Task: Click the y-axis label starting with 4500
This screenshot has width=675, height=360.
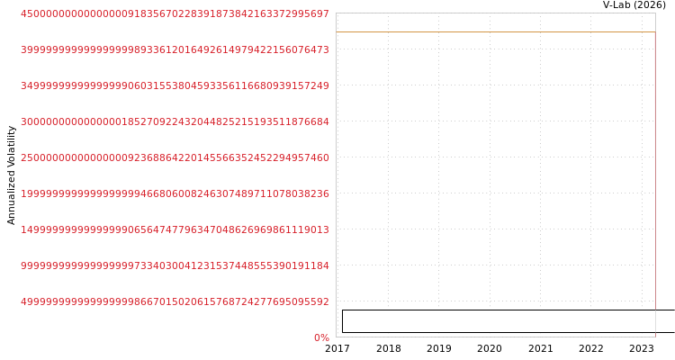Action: point(175,14)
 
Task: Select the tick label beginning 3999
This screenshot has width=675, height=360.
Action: point(175,50)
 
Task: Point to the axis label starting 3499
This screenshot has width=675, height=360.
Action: point(175,86)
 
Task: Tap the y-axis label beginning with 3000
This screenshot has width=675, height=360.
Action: point(175,122)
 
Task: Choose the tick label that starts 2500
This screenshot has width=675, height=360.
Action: point(175,158)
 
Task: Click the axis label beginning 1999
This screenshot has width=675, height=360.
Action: point(175,194)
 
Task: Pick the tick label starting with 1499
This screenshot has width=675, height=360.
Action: point(175,230)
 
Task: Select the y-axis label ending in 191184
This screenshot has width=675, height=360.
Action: point(175,266)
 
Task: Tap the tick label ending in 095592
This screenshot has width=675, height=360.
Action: point(175,302)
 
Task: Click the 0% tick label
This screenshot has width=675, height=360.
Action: point(321,338)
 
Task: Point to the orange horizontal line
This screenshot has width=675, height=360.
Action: point(495,31)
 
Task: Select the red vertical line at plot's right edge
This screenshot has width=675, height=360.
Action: point(654,108)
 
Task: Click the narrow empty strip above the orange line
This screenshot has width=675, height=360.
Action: point(495,22)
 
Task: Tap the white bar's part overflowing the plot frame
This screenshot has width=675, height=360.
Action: point(665,321)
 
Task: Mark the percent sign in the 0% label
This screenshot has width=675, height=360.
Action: point(325,338)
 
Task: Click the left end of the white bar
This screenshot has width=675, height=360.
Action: point(345,321)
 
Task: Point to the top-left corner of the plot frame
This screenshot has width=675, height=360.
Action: point(336,13)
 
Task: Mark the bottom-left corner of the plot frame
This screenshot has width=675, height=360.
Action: point(336,337)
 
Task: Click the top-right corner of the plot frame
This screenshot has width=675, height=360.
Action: point(655,13)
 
